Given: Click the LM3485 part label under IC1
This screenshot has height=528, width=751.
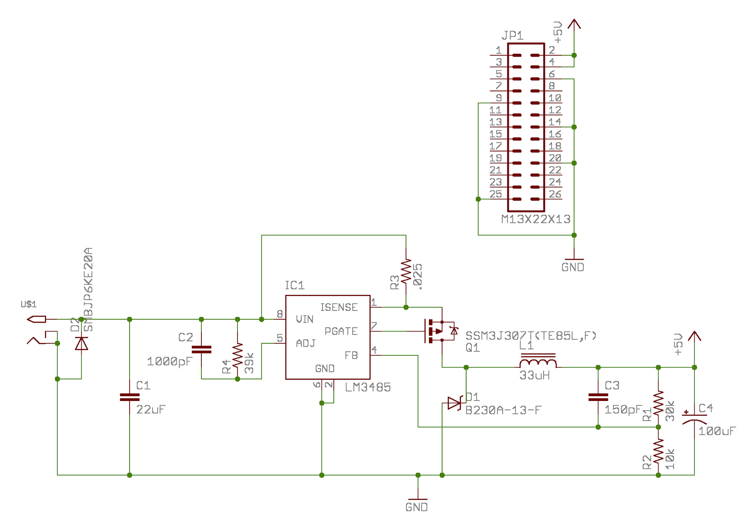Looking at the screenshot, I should pos(368,387).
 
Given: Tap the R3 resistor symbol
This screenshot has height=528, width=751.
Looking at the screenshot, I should pos(406,272).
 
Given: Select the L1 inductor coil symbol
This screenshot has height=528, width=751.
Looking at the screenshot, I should pos(538,362).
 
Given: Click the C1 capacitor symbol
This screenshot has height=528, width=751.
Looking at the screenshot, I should pos(130,397).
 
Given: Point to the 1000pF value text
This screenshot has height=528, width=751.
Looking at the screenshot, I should pos(169,362).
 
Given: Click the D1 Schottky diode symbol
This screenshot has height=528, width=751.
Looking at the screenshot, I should pos(454,403).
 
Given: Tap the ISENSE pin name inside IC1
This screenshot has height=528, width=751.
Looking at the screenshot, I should pos(338,308).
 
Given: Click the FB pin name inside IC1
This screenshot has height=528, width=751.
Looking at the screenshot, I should pos(351,355).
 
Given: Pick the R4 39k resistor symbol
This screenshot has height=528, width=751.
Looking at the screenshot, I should pos(238,355).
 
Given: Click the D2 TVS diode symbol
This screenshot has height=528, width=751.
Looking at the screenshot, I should pos(82,343).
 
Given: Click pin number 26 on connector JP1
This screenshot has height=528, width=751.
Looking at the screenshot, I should pos(555,194).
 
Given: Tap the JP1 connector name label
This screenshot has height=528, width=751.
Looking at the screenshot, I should pos(512,36).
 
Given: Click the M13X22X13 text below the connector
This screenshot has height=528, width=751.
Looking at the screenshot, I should pos(536,219).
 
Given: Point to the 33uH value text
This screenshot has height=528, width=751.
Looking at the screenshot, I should pos(534,376).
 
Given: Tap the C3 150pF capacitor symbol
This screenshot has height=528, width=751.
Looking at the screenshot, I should pos(598,397).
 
